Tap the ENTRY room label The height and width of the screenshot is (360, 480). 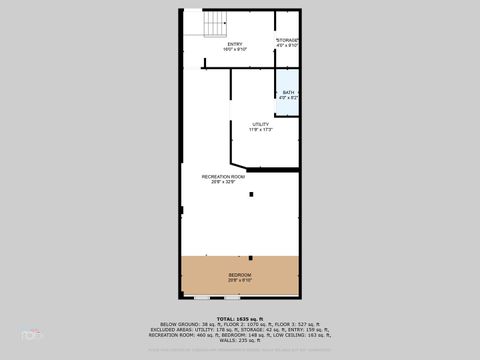pyautogui.click(x=235, y=44)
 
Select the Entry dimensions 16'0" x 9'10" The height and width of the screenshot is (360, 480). pyautogui.click(x=235, y=49)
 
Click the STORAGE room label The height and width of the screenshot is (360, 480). pyautogui.click(x=288, y=40)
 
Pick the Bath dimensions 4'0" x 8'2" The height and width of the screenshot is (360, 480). pyautogui.click(x=288, y=98)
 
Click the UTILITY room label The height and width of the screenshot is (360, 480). pyautogui.click(x=261, y=124)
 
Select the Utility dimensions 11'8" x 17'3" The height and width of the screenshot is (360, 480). pyautogui.click(x=261, y=129)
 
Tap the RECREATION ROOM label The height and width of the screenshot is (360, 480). pyautogui.click(x=222, y=176)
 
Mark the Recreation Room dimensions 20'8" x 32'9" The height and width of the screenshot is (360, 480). pyautogui.click(x=222, y=181)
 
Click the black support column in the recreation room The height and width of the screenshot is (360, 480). pyautogui.click(x=252, y=194)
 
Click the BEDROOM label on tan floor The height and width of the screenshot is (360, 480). pyautogui.click(x=240, y=274)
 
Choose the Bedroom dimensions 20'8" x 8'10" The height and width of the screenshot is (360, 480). pyautogui.click(x=240, y=279)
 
